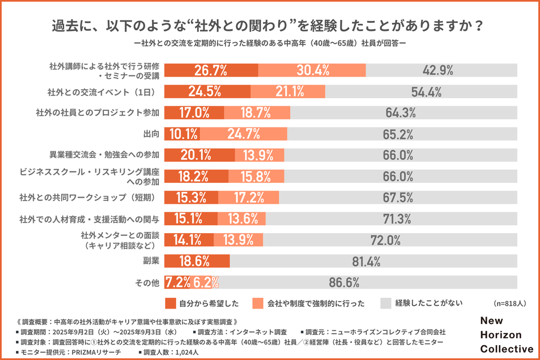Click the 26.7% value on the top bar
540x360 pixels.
click(211, 70)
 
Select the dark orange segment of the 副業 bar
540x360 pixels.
click(197, 261)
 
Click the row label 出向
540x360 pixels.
click(151, 134)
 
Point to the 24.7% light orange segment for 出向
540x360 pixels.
click(244, 134)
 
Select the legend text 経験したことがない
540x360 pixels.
click(429, 303)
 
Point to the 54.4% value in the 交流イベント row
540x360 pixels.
click(426, 91)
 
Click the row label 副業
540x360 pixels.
click(151, 261)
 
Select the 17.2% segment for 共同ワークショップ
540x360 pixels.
click(249, 198)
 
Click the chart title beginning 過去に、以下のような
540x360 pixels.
click(269, 26)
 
